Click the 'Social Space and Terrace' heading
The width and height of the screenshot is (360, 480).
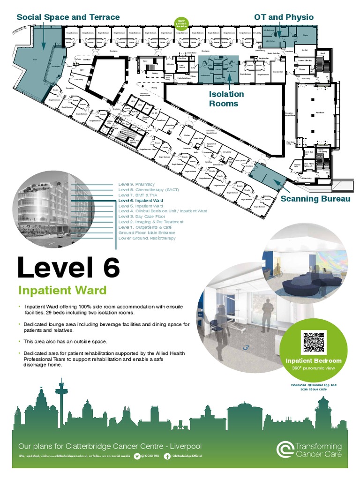pos(68,17)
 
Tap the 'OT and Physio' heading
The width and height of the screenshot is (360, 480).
pos(284,17)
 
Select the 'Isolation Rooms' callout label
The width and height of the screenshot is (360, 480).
pos(226,98)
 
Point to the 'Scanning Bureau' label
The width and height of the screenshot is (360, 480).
pos(315,199)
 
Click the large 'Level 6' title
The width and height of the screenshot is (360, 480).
pos(69,268)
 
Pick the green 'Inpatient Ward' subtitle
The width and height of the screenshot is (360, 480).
pos(62,290)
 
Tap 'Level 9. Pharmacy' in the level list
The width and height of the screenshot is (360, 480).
pos(136,184)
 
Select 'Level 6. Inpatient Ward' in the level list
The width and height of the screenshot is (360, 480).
pos(141,200)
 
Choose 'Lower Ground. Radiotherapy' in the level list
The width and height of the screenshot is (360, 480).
pos(147,238)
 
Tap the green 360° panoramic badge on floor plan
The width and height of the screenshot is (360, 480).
pos(181,22)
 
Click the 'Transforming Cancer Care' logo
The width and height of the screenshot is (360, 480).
pos(309,450)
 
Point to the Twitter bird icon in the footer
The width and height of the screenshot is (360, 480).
pos(137,456)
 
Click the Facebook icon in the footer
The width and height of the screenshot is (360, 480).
pos(167,456)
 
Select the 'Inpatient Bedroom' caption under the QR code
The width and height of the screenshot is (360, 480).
pos(314,361)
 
